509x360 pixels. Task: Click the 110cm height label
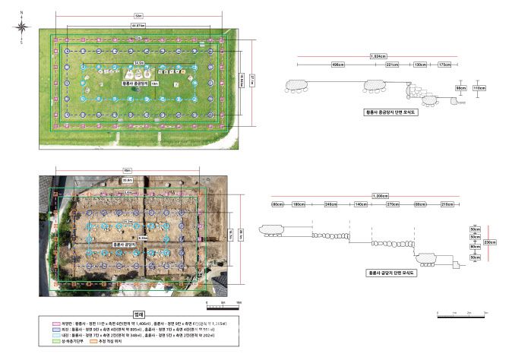[479, 88]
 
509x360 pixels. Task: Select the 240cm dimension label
[330, 204]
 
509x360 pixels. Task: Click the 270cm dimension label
[393, 204]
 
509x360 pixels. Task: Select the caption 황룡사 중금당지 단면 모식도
[394, 112]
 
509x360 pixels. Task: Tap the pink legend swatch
[56, 324]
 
